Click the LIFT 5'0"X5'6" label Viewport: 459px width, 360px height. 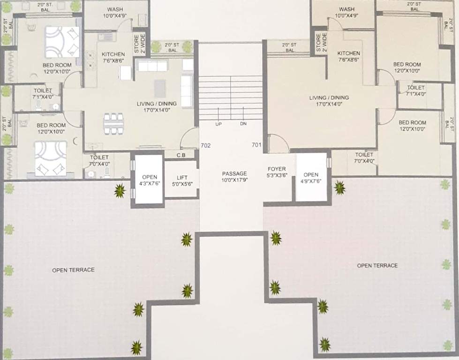coord(182,181)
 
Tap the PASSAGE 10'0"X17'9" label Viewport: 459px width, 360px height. coord(234,177)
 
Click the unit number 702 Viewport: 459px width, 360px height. coord(205,145)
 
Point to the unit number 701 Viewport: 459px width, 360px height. coord(256,145)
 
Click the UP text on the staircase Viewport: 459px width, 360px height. coord(218,124)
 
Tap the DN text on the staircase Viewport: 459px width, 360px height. coord(243,124)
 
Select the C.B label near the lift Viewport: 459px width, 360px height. coord(181,155)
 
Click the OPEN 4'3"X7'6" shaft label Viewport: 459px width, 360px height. coord(149,180)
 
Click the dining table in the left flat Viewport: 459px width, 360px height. coord(114,123)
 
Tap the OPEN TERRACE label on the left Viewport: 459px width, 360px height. coord(73,270)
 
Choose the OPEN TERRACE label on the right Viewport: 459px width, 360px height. coord(377,265)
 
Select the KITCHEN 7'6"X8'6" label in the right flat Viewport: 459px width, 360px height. coord(348,57)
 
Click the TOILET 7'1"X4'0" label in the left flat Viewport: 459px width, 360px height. coord(43,93)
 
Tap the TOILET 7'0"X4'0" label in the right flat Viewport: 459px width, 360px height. coord(364,157)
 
